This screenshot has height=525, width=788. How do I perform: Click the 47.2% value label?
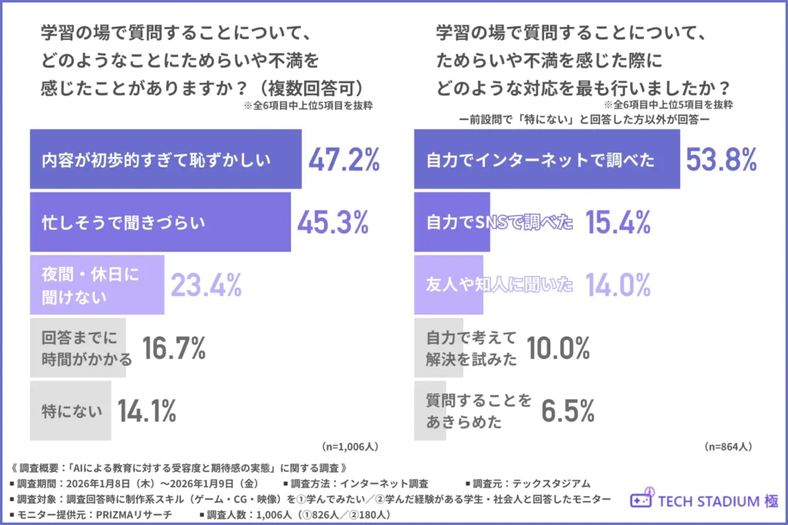click(x=344, y=160)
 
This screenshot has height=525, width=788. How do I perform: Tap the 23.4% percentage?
click(x=205, y=285)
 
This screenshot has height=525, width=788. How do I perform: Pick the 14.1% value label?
click(x=147, y=410)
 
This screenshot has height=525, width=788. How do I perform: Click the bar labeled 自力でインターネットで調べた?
click(x=546, y=160)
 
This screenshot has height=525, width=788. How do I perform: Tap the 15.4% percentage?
click(x=618, y=222)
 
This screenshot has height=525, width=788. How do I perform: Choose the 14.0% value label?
click(x=618, y=285)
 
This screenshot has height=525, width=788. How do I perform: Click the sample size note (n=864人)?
click(x=728, y=446)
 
